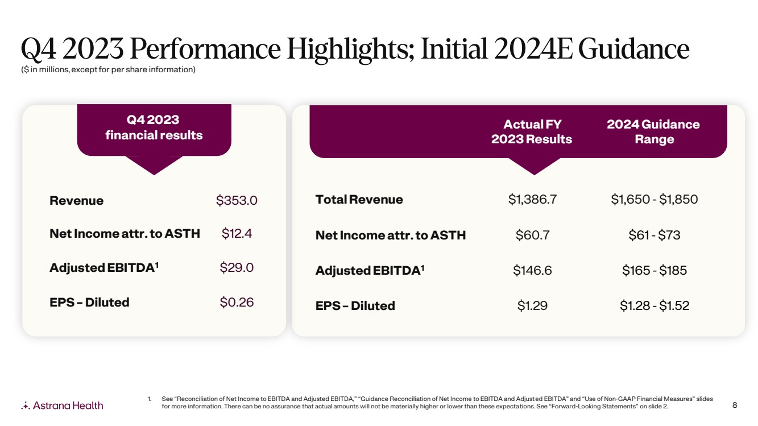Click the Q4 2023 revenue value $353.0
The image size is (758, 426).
coord(237,200)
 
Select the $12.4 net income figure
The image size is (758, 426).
coord(237,233)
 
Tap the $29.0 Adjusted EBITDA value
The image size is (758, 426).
coord(237,267)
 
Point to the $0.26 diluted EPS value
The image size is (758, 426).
coord(237,302)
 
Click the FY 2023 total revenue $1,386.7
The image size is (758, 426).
coord(532,199)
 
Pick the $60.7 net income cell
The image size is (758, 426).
coord(532,235)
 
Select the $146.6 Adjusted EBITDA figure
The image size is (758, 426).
coord(532,270)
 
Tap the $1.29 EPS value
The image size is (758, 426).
coord(532,305)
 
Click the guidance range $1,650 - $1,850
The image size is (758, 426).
coord(654,199)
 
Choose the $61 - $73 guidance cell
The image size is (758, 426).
coord(654,235)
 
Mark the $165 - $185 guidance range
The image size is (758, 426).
coord(654,270)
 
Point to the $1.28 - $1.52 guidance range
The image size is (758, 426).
coord(654,305)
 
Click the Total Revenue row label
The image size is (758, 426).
coord(359,200)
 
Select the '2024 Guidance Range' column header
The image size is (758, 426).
coord(653,131)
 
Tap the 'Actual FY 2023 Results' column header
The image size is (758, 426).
coord(532,131)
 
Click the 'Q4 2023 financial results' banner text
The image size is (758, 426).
coord(154,127)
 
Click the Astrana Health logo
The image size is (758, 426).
coord(62,406)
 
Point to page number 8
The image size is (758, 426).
coord(735,405)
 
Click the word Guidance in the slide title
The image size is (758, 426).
coord(633,49)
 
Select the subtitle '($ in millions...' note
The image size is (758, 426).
coord(108,69)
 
